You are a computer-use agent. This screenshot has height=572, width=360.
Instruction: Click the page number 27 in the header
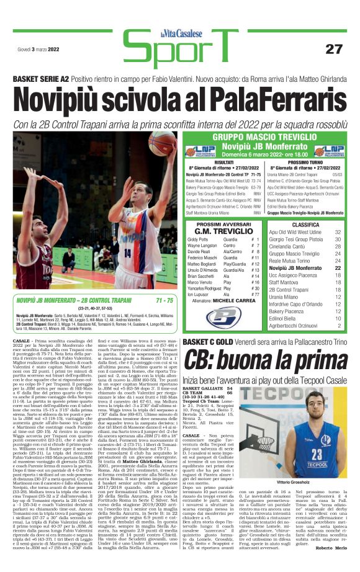333,48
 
